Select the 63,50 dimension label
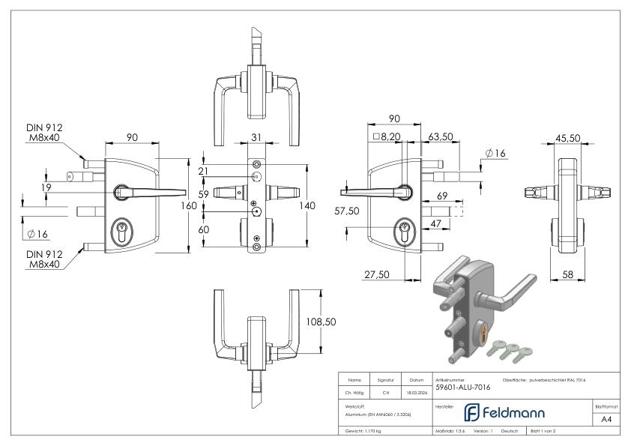click(440, 138)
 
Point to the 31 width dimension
click(256, 136)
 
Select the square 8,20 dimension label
click(386, 138)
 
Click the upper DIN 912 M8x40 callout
click(45, 132)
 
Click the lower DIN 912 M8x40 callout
click(45, 260)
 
